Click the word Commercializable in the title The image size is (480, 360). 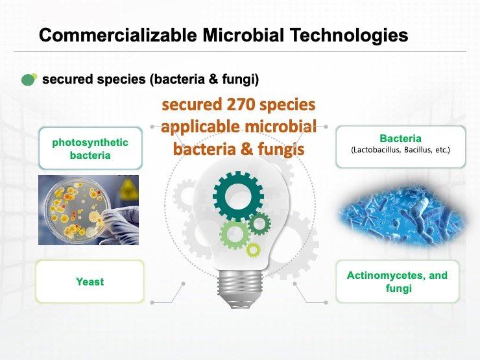(x=118, y=35)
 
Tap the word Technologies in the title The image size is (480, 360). (x=349, y=35)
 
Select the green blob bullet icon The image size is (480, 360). (x=29, y=79)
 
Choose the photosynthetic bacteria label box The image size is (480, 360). (x=90, y=149)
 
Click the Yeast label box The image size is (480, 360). (x=90, y=282)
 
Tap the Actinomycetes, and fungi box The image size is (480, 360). (x=398, y=282)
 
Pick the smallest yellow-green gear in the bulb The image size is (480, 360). (x=253, y=250)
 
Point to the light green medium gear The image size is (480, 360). (x=235, y=235)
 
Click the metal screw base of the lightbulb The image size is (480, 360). (x=240, y=289)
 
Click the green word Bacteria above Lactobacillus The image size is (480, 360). (x=400, y=138)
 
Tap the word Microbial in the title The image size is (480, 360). (x=243, y=35)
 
